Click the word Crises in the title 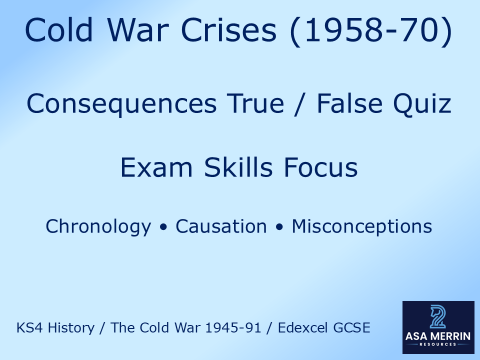click(x=231, y=31)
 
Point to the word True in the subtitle click(x=252, y=104)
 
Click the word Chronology click(x=98, y=226)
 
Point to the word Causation click(x=221, y=226)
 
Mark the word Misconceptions click(x=362, y=226)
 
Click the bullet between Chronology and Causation click(x=163, y=227)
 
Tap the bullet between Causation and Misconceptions click(x=279, y=227)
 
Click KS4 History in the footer click(x=55, y=328)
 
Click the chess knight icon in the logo click(x=438, y=317)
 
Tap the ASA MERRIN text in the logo click(x=438, y=336)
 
